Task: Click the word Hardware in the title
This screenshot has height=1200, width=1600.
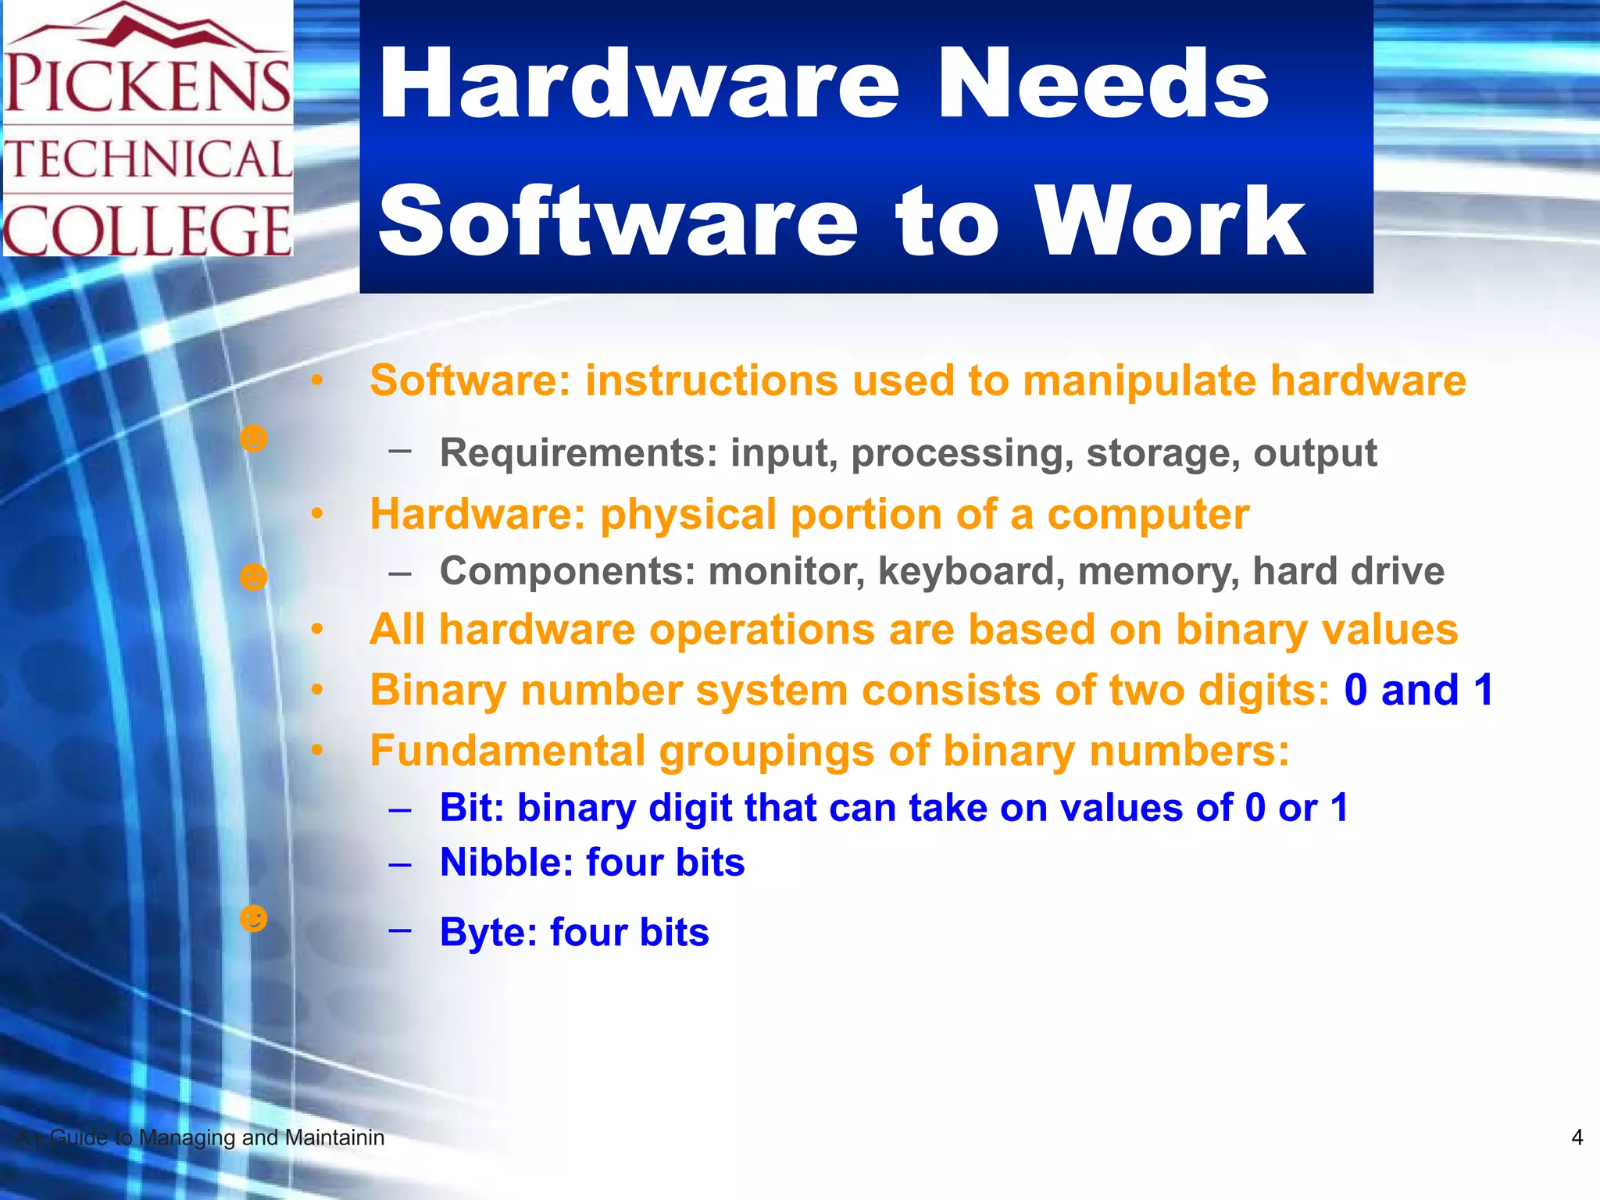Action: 638,84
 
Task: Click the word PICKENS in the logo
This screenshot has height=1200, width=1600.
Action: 148,84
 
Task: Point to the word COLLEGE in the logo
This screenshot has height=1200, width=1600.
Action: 148,230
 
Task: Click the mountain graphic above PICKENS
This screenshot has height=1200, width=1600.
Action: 148,27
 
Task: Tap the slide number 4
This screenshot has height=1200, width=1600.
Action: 1577,1137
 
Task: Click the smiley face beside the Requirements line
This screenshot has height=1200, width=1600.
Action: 253,438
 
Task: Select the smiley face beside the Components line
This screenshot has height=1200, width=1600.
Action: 253,577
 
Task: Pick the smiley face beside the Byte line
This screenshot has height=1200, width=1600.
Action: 253,919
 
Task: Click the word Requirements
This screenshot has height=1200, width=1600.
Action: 578,453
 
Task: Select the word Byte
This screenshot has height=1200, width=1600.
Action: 487,932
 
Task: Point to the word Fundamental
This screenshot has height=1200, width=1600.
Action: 507,751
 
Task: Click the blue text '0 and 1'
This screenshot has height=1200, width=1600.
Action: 1418,690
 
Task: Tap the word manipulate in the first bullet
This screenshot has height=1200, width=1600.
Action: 1138,381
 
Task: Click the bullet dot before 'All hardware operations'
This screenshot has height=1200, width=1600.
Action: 316,629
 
